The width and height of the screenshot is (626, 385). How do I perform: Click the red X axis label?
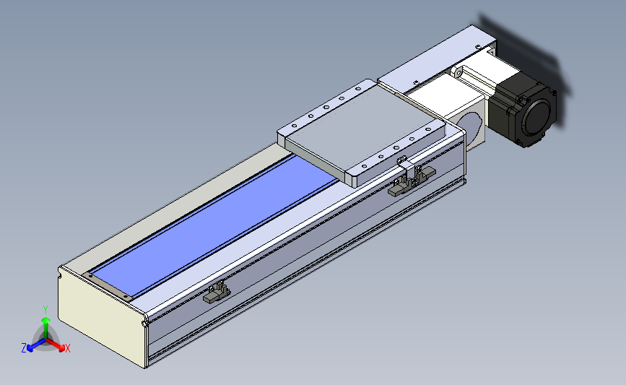pyautogui.click(x=67, y=348)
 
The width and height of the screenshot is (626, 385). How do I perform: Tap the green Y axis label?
pyautogui.click(x=45, y=310)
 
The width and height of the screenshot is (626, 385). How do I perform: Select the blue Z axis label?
pyautogui.click(x=24, y=348)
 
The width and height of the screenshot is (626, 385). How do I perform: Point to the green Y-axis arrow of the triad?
pyautogui.click(x=46, y=329)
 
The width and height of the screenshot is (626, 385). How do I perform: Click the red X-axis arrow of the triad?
pyautogui.click(x=55, y=345)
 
